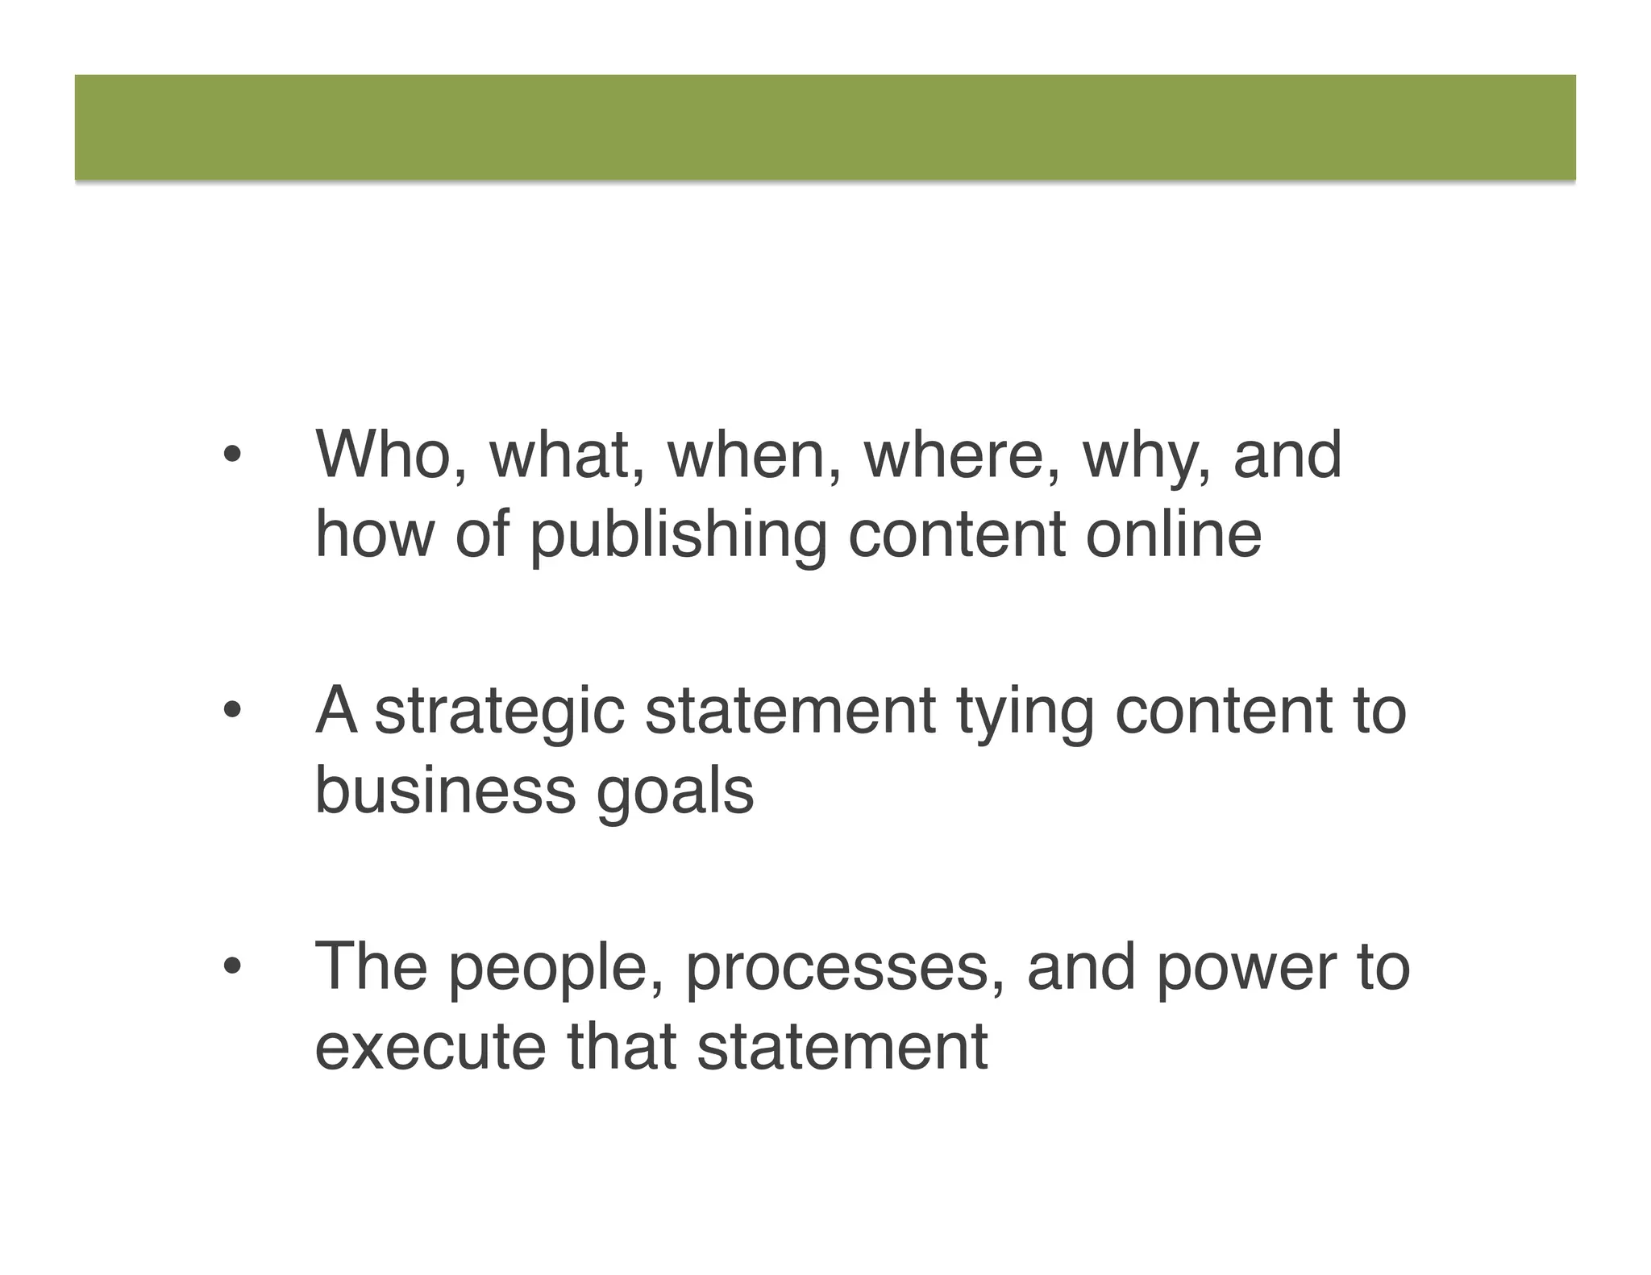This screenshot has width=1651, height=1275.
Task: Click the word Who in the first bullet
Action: click(382, 455)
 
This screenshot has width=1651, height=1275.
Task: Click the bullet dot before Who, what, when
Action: click(231, 456)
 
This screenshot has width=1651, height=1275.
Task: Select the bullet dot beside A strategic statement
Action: click(231, 711)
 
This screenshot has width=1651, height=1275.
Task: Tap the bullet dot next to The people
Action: click(231, 966)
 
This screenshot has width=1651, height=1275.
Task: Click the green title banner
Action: click(825, 127)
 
